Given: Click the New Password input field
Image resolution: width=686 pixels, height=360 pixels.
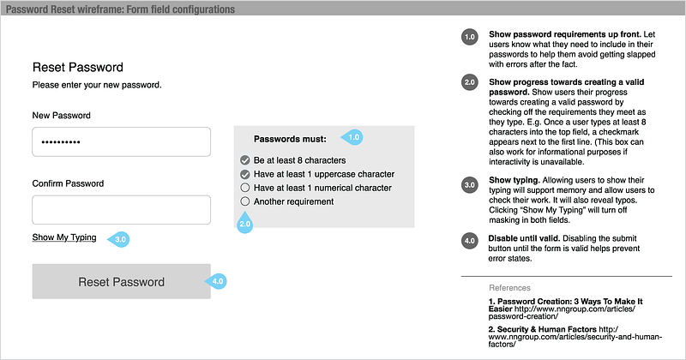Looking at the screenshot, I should (121, 142).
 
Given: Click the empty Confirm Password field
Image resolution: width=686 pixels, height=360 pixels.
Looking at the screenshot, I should (121, 210).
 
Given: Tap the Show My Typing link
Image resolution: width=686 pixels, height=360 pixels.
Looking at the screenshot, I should (64, 237).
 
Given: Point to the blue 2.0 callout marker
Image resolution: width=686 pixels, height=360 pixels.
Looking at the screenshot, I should (244, 225).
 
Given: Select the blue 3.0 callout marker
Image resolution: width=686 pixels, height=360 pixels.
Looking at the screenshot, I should (120, 239).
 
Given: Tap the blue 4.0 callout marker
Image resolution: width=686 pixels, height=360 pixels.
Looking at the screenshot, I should (217, 280).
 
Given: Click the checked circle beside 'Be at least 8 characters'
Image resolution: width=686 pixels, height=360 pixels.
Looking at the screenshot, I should (245, 160).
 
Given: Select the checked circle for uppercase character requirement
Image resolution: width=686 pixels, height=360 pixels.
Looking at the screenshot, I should (245, 174).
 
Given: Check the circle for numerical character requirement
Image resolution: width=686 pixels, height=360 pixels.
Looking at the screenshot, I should (245, 188).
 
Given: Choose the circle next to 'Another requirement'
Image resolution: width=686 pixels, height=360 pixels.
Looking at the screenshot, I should (245, 201).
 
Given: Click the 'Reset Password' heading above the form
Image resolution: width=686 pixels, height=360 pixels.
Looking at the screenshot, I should (78, 67).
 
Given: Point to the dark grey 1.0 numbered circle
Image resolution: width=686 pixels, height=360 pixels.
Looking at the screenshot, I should (470, 37).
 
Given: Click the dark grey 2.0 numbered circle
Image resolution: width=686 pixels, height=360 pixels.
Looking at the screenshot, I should (470, 82).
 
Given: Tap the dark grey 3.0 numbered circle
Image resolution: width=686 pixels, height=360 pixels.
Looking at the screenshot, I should (470, 183).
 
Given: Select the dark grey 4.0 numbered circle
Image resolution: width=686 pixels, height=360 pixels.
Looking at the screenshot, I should (470, 240).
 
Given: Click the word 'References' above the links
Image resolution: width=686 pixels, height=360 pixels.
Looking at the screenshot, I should (509, 288).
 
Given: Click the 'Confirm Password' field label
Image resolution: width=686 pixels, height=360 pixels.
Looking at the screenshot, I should (68, 183).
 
